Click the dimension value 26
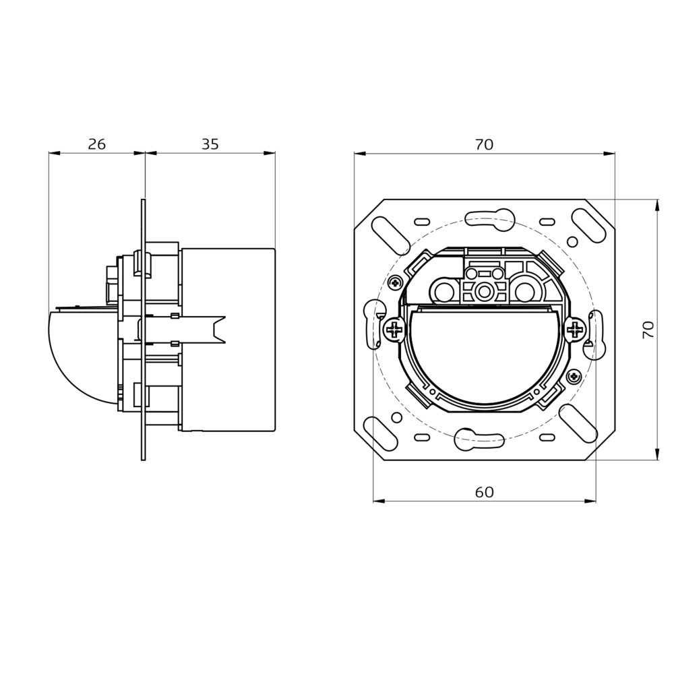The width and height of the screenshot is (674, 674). click(x=96, y=144)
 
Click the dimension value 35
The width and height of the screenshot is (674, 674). click(x=210, y=144)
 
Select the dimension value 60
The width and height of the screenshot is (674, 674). click(x=485, y=492)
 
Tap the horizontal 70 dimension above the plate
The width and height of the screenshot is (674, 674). click(x=485, y=145)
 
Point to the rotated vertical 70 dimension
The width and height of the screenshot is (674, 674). click(x=648, y=330)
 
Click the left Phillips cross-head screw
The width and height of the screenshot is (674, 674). click(x=394, y=330)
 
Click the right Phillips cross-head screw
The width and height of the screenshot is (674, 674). click(x=576, y=330)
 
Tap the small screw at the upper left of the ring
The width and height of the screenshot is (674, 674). click(x=395, y=282)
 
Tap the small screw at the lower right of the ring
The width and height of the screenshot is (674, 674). click(x=574, y=377)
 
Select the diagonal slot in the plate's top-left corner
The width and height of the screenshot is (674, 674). click(x=390, y=235)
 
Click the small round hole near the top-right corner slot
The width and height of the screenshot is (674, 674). click(x=572, y=242)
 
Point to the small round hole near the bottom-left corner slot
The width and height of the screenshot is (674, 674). click(x=397, y=417)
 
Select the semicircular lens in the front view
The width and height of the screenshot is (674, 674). click(x=485, y=355)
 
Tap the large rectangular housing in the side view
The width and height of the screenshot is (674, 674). click(x=228, y=340)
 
